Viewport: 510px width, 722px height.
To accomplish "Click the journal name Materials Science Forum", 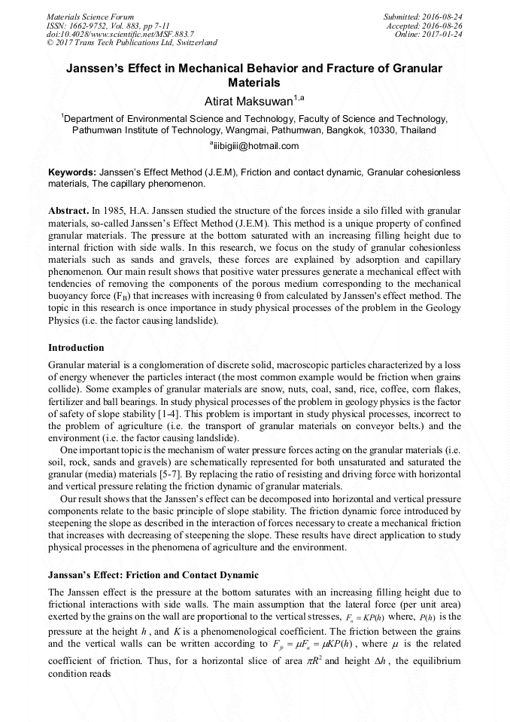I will tap(90, 16).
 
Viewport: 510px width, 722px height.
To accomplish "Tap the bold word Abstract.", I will tap(68, 206).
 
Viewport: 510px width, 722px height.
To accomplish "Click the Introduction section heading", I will tap(76, 348).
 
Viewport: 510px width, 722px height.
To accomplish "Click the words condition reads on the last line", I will tap(83, 674).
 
